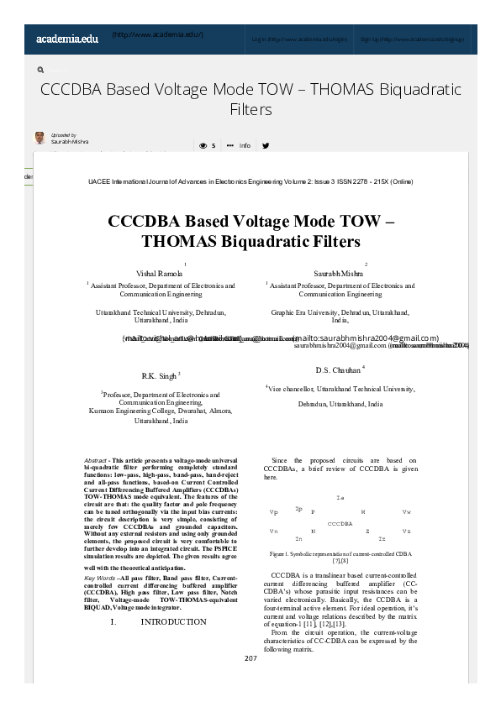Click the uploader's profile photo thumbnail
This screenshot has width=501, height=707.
coord(40,139)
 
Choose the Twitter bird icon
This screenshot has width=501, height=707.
coord(266,145)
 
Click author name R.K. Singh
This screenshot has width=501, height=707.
coord(160,375)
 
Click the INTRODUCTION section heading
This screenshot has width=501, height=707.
coord(173,622)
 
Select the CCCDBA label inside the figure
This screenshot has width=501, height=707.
coord(340,523)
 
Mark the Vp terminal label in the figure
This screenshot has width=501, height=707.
coord(273,511)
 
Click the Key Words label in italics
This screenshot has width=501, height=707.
coord(100,579)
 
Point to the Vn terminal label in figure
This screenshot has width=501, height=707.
coord(273,532)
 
